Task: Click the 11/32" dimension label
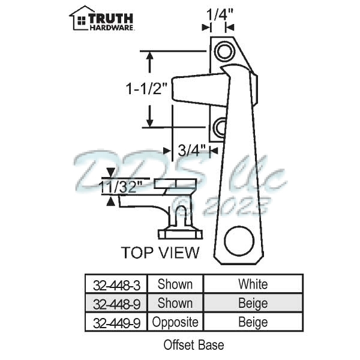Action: [x=122, y=187]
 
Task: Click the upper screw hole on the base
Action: [x=224, y=52]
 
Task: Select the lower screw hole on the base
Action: [x=220, y=127]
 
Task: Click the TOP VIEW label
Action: [x=160, y=253]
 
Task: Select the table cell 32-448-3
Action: [x=113, y=284]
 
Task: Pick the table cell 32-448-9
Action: [x=113, y=303]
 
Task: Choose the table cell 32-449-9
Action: [x=113, y=322]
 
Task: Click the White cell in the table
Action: [x=253, y=284]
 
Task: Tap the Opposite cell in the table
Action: [x=175, y=322]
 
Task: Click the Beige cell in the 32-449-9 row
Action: [x=253, y=322]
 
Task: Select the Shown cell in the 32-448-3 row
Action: [x=175, y=284]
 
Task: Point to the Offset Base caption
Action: [x=193, y=345]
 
